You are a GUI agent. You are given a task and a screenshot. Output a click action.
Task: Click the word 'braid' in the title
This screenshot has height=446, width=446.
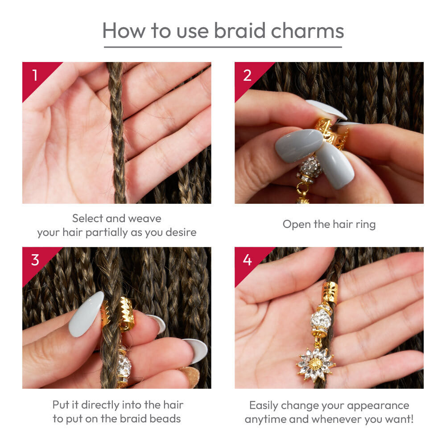pyautogui.click(x=240, y=30)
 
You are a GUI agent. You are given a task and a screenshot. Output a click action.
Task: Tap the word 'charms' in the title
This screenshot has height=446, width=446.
pyautogui.click(x=307, y=30)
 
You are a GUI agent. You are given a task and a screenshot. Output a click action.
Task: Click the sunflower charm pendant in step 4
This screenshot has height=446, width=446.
pyautogui.click(x=316, y=364)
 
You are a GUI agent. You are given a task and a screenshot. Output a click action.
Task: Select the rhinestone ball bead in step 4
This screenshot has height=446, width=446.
pyautogui.click(x=321, y=321)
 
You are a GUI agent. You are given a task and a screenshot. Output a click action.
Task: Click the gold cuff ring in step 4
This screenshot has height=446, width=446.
pyautogui.click(x=330, y=293)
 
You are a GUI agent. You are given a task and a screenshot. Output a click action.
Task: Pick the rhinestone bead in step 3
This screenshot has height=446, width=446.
pyautogui.click(x=124, y=366)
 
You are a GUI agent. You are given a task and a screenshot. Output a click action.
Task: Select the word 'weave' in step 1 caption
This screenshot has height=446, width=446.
pyautogui.click(x=145, y=219)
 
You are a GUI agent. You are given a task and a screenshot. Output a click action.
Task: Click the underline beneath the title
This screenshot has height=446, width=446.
pyautogui.click(x=223, y=47)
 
